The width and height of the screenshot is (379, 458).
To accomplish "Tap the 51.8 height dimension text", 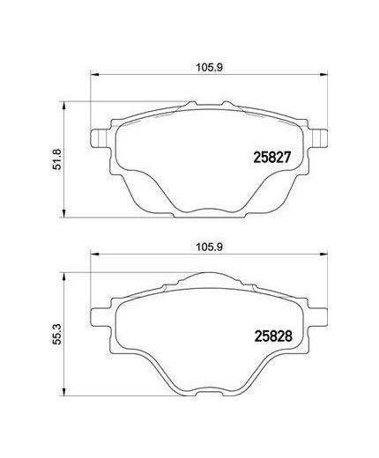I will [56, 157].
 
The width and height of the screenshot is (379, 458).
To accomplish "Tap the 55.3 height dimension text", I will [56, 336].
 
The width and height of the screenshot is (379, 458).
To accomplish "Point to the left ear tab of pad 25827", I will [100, 138].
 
